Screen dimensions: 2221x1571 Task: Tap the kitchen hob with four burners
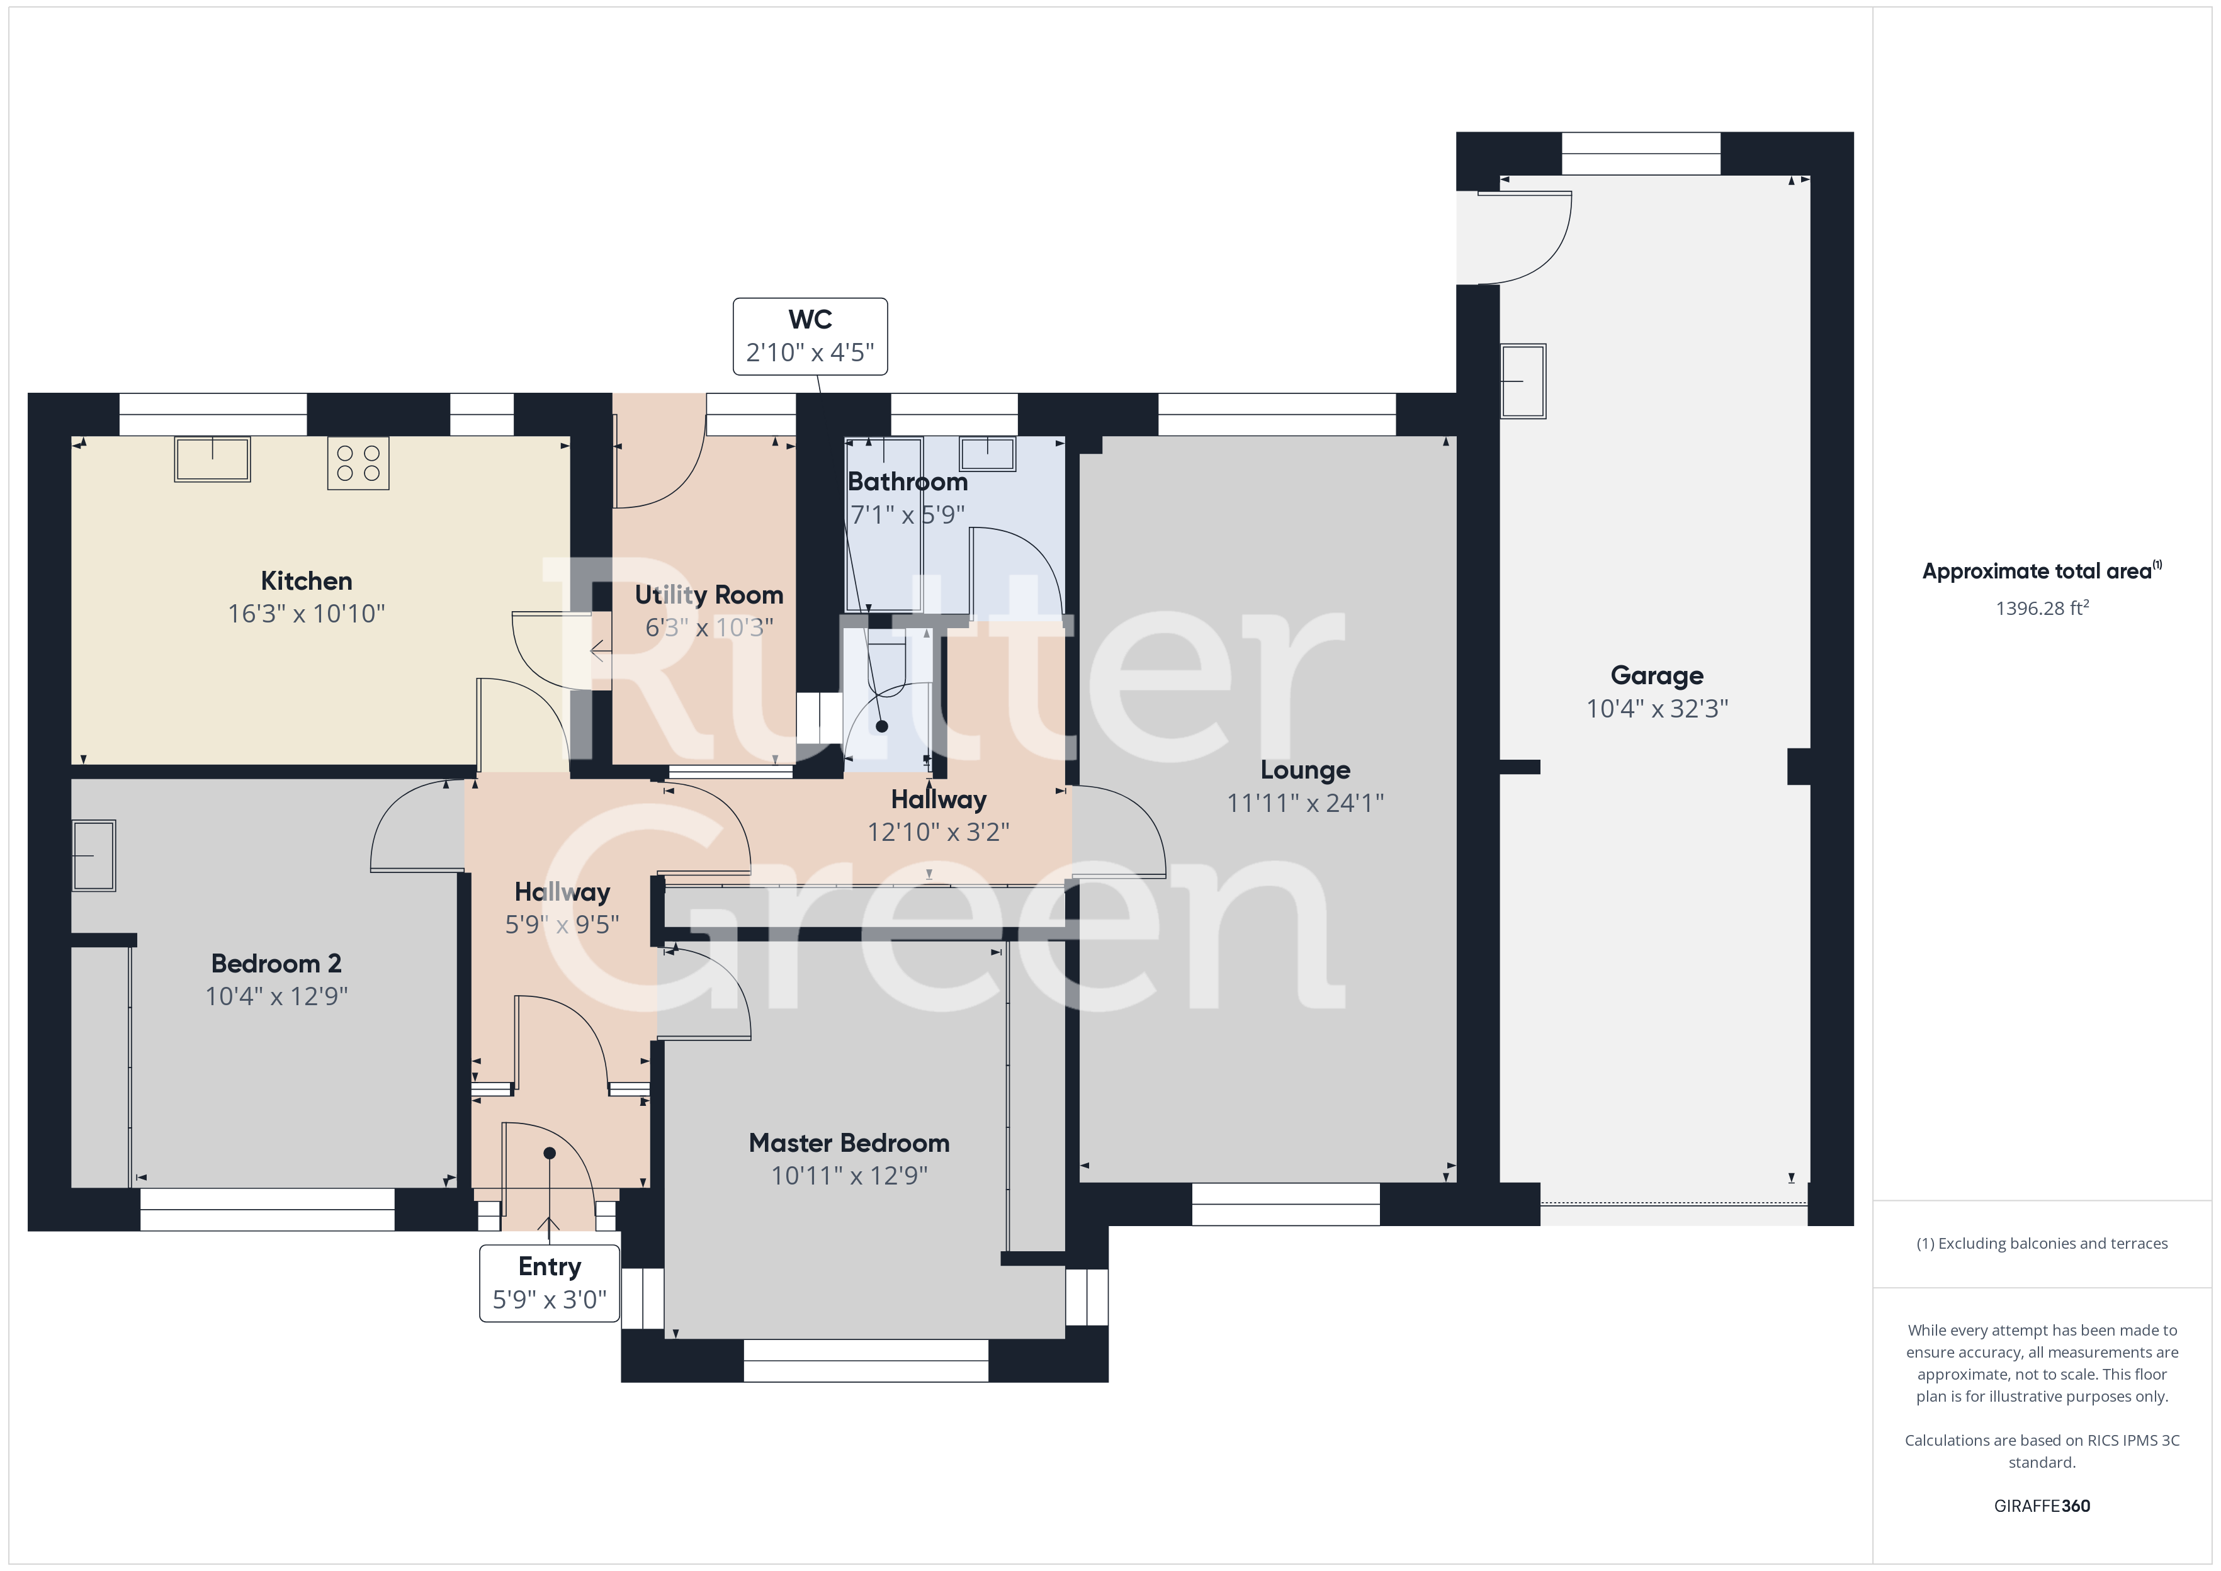[x=358, y=463]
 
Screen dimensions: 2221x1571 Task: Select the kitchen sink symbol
[x=212, y=459]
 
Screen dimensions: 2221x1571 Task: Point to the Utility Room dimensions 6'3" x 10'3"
[x=709, y=628]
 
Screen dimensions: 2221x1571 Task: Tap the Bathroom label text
[x=907, y=481]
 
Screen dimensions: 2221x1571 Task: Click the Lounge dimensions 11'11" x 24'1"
[x=1305, y=803]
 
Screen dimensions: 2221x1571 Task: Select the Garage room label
[x=1657, y=676]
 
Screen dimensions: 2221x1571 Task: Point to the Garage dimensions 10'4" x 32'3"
[x=1657, y=709]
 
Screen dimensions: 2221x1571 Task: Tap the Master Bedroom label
[x=849, y=1144]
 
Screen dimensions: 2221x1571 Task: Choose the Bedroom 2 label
[x=276, y=964]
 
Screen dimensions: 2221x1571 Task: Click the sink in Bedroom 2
[x=94, y=856]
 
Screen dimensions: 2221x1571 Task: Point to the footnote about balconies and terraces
[x=2042, y=1244]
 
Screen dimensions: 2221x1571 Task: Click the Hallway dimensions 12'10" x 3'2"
[x=938, y=833]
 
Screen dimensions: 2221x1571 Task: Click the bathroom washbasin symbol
[x=988, y=454]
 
